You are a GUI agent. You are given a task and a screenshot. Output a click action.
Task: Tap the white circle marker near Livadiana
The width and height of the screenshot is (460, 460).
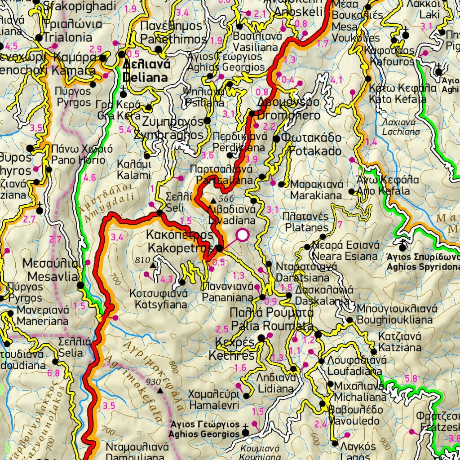point(243,235)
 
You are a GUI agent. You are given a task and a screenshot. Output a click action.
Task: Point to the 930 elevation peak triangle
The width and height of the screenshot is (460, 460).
point(160,390)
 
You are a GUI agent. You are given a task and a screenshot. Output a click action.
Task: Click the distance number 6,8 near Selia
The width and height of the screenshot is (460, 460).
point(53,373)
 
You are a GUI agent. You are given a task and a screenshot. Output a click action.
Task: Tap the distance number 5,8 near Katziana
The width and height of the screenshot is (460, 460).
point(411,378)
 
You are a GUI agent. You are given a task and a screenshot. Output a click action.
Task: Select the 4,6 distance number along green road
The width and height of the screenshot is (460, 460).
point(90,177)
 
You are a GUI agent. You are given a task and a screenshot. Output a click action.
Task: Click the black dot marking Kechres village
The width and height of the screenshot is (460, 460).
point(261,338)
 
